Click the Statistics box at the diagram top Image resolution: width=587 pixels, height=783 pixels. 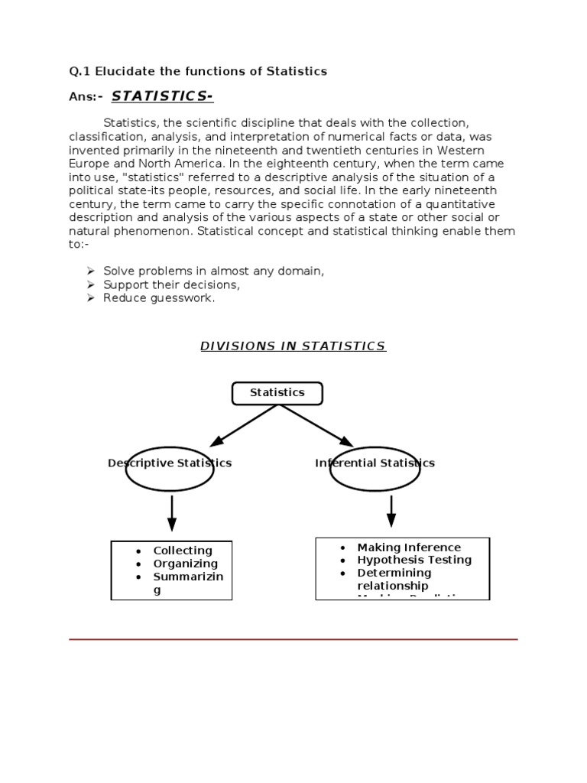[277, 393]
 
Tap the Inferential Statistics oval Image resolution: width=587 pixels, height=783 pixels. [375, 469]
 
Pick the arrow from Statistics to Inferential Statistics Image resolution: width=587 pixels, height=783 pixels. [316, 425]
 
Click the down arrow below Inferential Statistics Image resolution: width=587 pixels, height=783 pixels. [391, 510]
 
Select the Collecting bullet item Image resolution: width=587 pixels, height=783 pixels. [183, 551]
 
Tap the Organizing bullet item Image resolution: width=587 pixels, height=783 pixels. [185, 564]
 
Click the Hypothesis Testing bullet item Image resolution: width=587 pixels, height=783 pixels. [414, 560]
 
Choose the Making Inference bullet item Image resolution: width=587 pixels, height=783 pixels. [409, 547]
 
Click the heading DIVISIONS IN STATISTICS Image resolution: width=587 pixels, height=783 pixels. [293, 346]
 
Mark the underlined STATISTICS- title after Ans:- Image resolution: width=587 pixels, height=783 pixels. [163, 96]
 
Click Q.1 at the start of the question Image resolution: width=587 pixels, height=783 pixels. [79, 71]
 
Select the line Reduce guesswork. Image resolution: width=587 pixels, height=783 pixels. [159, 298]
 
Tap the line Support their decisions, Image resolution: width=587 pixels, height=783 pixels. [172, 284]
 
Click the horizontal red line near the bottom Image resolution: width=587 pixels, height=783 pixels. [293, 639]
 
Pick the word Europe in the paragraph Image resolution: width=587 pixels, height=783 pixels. [86, 163]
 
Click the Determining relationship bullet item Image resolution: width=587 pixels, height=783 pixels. [394, 579]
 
